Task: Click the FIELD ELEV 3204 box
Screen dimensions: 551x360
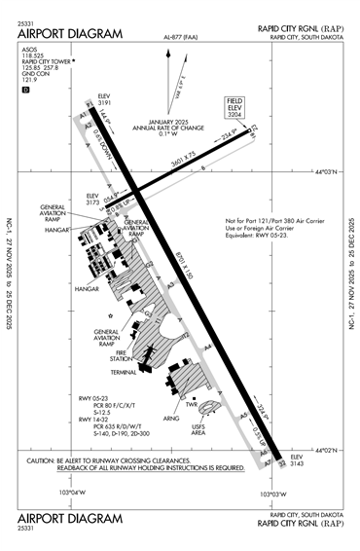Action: (x=235, y=108)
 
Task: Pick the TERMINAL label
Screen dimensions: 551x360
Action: (x=124, y=372)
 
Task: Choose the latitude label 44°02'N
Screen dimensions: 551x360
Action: (x=333, y=450)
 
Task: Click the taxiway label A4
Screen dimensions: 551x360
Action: (x=208, y=347)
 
